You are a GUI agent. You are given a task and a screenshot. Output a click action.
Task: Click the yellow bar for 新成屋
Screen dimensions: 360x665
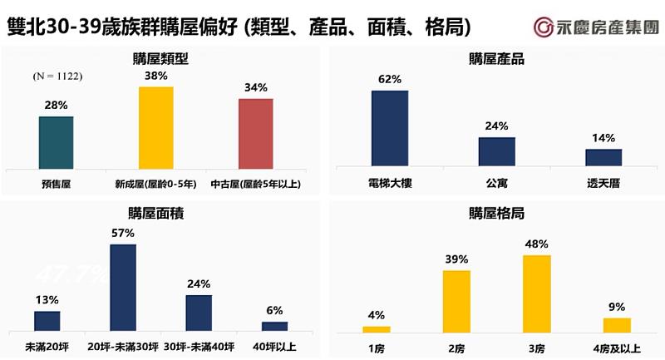tap(155, 128)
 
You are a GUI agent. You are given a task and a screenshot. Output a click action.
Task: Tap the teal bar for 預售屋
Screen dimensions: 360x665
tap(56, 143)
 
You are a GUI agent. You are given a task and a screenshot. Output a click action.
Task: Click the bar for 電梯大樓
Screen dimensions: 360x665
tap(389, 128)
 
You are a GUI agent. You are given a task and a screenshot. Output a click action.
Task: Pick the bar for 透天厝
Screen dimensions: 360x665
tap(603, 157)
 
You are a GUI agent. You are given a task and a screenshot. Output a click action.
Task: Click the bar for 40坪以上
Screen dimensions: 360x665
tap(274, 327)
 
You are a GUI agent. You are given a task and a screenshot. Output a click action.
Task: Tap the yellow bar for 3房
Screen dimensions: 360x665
tap(536, 293)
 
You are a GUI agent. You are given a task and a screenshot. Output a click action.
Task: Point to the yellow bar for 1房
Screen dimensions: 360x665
tap(376, 329)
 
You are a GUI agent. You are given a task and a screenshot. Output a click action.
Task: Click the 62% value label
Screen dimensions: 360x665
tap(389, 80)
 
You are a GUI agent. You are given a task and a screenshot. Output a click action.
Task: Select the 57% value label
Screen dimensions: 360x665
tap(122, 234)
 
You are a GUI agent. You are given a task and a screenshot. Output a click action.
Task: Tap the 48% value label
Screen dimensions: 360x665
tap(536, 244)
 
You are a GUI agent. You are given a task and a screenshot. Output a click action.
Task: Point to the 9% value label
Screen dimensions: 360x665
tap(616, 307)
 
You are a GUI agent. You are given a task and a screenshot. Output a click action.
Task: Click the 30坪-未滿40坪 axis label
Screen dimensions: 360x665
tap(199, 345)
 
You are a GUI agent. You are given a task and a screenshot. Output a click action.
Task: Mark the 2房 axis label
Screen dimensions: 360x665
tap(456, 345)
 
